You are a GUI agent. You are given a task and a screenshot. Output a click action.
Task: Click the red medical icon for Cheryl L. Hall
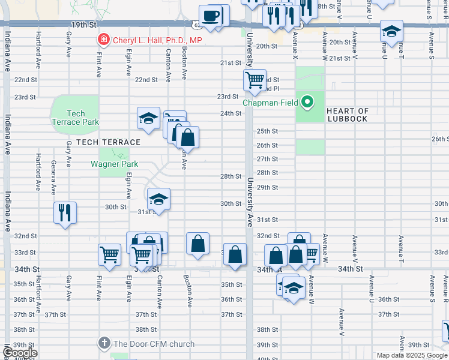click(x=104, y=40)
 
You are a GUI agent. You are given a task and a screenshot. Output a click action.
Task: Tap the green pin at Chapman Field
click(x=307, y=103)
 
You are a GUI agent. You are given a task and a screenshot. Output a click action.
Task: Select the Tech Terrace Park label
click(x=76, y=118)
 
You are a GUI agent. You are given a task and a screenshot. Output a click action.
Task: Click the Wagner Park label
click(x=114, y=164)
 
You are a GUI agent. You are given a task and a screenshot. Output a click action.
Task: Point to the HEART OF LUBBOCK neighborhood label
click(x=348, y=115)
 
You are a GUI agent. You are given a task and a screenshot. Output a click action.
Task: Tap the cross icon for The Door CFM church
click(x=104, y=344)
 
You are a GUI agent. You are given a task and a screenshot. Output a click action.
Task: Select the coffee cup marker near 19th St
click(x=211, y=17)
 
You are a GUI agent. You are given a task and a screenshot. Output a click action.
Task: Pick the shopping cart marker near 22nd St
click(x=255, y=80)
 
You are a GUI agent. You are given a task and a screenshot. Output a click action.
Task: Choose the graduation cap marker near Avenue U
click(x=391, y=32)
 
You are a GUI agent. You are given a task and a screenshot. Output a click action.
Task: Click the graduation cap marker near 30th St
click(x=158, y=199)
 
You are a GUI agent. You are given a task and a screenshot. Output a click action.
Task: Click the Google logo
click(x=20, y=353)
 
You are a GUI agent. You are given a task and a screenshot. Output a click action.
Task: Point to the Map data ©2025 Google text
click(x=412, y=355)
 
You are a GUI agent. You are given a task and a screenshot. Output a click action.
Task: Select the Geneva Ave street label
click(x=53, y=178)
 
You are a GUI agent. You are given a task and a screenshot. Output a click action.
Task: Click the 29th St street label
click(x=267, y=187)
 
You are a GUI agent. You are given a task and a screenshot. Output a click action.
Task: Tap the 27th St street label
click(x=267, y=159)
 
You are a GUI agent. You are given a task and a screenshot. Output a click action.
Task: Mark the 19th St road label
click(x=83, y=25)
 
